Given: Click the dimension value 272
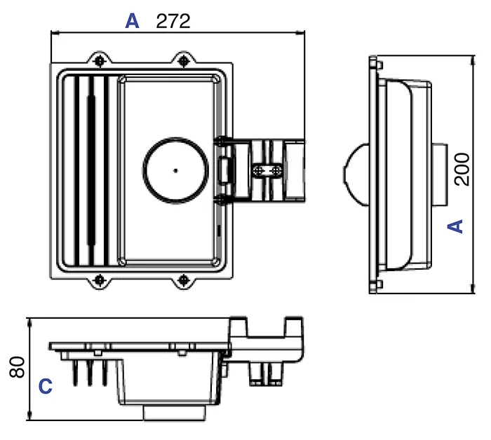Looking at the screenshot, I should pos(173,21).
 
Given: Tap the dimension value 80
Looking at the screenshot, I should pos(19,366).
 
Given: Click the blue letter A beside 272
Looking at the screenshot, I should pos(132,22).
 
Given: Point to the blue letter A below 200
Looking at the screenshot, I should pos(456,226).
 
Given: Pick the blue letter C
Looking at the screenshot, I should pos(45,386).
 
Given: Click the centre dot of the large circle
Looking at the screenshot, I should pos(175,170).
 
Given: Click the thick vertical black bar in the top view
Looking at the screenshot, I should pos(89,170).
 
